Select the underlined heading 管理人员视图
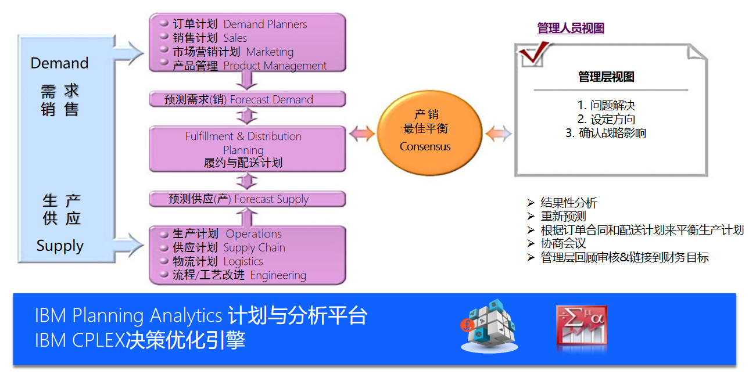(570, 28)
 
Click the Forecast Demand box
(247, 99)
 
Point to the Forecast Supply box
(247, 199)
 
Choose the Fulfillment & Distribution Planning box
(247, 149)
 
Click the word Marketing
(270, 52)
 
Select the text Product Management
(275, 66)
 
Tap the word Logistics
(243, 261)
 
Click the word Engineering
(278, 275)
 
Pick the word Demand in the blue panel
(59, 63)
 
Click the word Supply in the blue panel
(60, 246)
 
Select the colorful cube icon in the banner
(488, 326)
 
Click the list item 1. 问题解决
(606, 105)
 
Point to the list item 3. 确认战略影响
(606, 133)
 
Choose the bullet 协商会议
(563, 243)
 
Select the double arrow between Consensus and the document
(499, 134)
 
